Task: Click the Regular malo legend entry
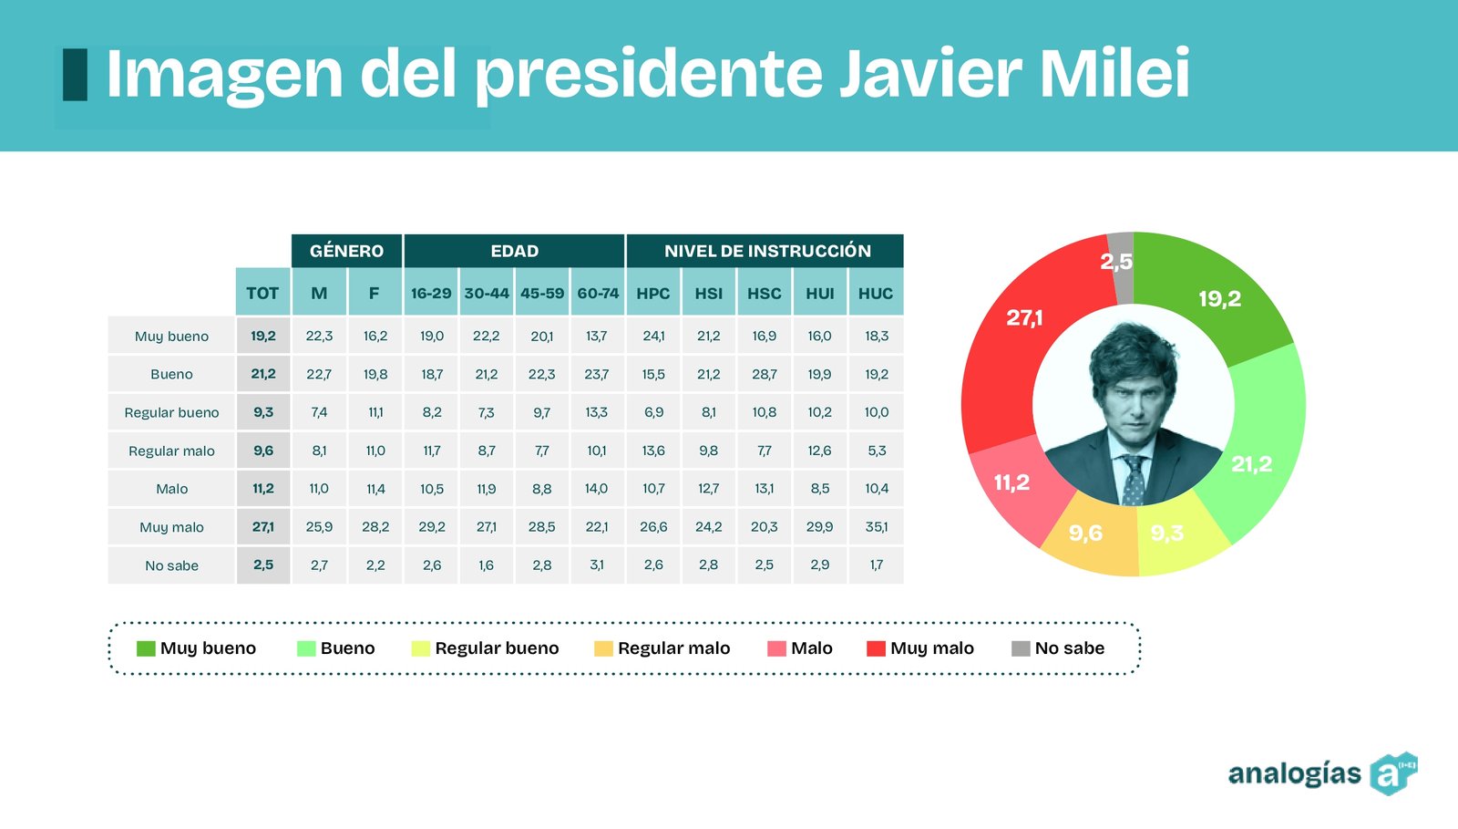[x=662, y=648]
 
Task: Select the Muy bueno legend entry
[x=197, y=648]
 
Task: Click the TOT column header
[x=262, y=293]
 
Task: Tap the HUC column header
[x=876, y=293]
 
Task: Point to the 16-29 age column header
[x=431, y=293]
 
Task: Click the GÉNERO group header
[x=346, y=251]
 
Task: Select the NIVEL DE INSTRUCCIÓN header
[x=767, y=251]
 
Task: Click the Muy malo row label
[x=171, y=527]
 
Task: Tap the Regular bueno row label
[x=171, y=412]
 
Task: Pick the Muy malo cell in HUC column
[x=877, y=527]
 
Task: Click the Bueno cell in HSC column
[x=765, y=374]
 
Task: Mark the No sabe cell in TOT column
[x=263, y=565]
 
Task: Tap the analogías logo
[x=1321, y=773]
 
